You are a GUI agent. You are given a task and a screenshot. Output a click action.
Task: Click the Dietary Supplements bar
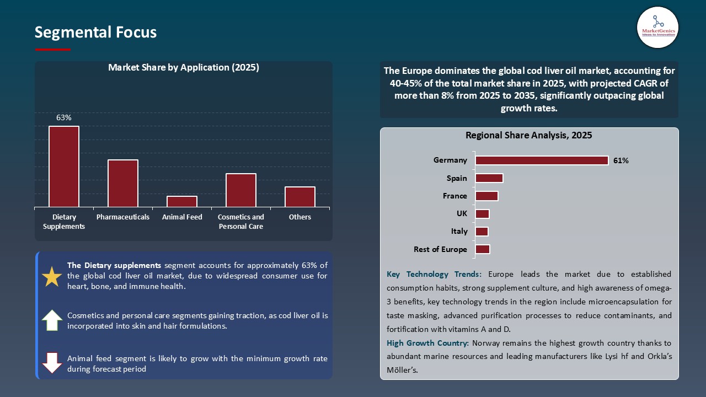[64, 167]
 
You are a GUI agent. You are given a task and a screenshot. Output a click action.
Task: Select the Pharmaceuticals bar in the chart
[123, 183]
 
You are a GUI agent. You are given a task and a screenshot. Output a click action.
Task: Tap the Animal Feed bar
[182, 201]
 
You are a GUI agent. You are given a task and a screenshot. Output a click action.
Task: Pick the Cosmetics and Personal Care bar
[241, 190]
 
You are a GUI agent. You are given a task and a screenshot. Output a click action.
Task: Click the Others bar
[300, 197]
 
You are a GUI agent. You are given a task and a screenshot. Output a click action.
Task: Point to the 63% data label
[64, 117]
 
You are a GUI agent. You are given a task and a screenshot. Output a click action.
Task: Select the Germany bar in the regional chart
[542, 160]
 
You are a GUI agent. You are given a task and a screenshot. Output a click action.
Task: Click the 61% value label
[621, 161]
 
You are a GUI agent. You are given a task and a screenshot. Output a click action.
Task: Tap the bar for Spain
[489, 178]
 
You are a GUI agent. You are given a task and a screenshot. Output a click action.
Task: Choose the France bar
[486, 196]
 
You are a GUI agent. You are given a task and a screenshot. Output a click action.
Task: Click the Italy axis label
[459, 232]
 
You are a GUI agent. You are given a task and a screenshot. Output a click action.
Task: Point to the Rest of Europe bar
[483, 249]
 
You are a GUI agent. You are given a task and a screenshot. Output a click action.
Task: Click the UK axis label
[462, 213]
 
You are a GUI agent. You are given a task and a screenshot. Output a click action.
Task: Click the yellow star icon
[52, 277]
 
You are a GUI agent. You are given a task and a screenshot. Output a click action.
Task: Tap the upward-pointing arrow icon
[52, 320]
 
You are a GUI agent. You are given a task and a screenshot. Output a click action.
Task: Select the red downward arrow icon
[52, 363]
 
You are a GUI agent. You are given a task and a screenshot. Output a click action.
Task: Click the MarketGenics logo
[657, 27]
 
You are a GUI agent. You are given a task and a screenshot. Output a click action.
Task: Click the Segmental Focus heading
[95, 33]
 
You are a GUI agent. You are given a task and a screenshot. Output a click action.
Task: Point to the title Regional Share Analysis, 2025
[528, 136]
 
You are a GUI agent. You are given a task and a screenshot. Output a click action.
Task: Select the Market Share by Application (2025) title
[184, 68]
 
